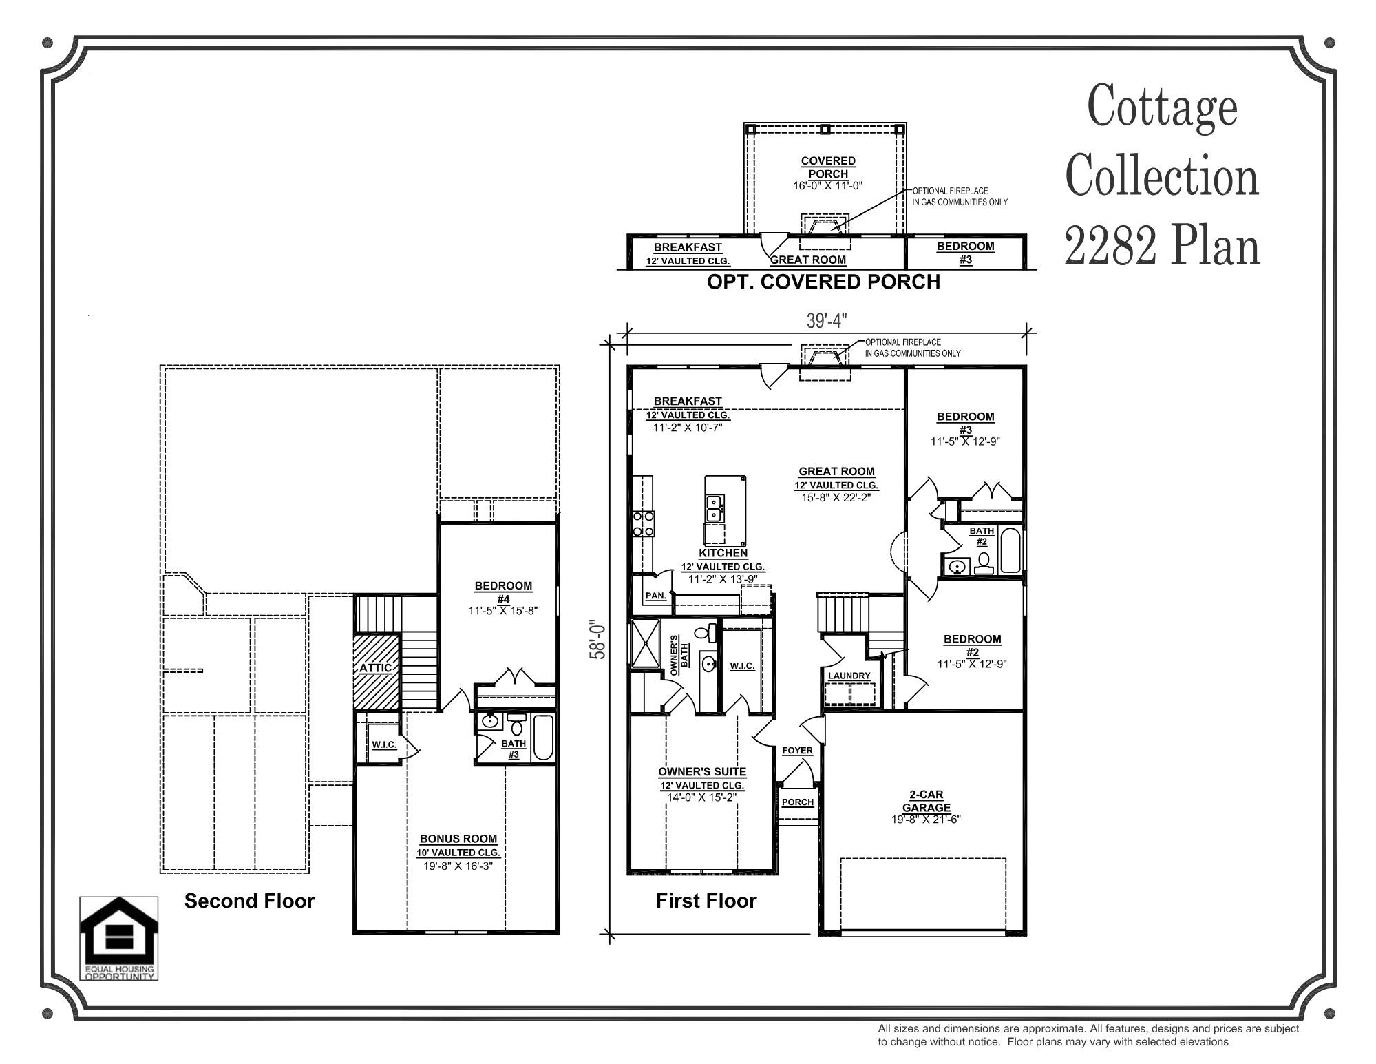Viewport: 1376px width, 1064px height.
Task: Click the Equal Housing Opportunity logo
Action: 119,938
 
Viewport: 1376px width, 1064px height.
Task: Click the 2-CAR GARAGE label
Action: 926,801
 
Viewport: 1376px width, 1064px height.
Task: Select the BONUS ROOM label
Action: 458,839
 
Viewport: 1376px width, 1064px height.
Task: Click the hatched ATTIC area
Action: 376,671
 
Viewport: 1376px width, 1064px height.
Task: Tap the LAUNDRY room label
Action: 849,676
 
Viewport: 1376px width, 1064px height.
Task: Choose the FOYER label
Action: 797,751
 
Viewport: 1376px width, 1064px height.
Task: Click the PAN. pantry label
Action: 655,596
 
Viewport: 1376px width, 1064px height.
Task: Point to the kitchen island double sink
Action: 714,509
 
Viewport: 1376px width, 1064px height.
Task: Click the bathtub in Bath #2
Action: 1010,550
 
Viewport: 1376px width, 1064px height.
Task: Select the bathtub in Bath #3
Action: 543,738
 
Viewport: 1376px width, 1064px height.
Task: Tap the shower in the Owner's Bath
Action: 644,643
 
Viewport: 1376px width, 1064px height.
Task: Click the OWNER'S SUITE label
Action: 702,772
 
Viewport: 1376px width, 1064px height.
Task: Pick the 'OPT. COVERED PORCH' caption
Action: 823,282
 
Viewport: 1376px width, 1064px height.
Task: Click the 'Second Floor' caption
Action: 249,901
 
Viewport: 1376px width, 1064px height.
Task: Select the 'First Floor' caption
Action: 706,901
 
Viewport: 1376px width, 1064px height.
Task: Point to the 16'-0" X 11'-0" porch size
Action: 828,185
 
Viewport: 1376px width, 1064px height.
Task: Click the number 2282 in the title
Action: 1110,247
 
